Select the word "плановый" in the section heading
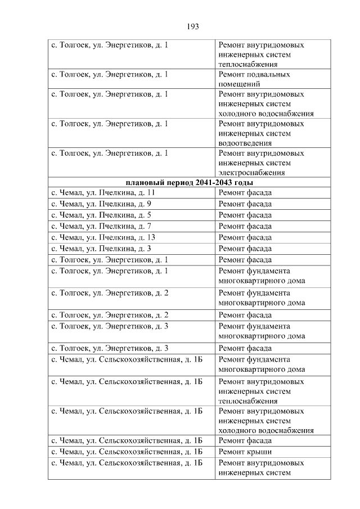tap(143, 183)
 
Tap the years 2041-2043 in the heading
tap(213, 183)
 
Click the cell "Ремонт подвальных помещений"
tap(254, 79)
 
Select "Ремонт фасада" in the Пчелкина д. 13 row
tap(245, 237)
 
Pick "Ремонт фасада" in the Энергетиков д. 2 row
tap(245, 315)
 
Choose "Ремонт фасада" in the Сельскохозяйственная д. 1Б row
tap(245, 440)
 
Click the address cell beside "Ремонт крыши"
tap(127, 452)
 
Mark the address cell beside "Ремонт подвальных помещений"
tap(110, 74)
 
